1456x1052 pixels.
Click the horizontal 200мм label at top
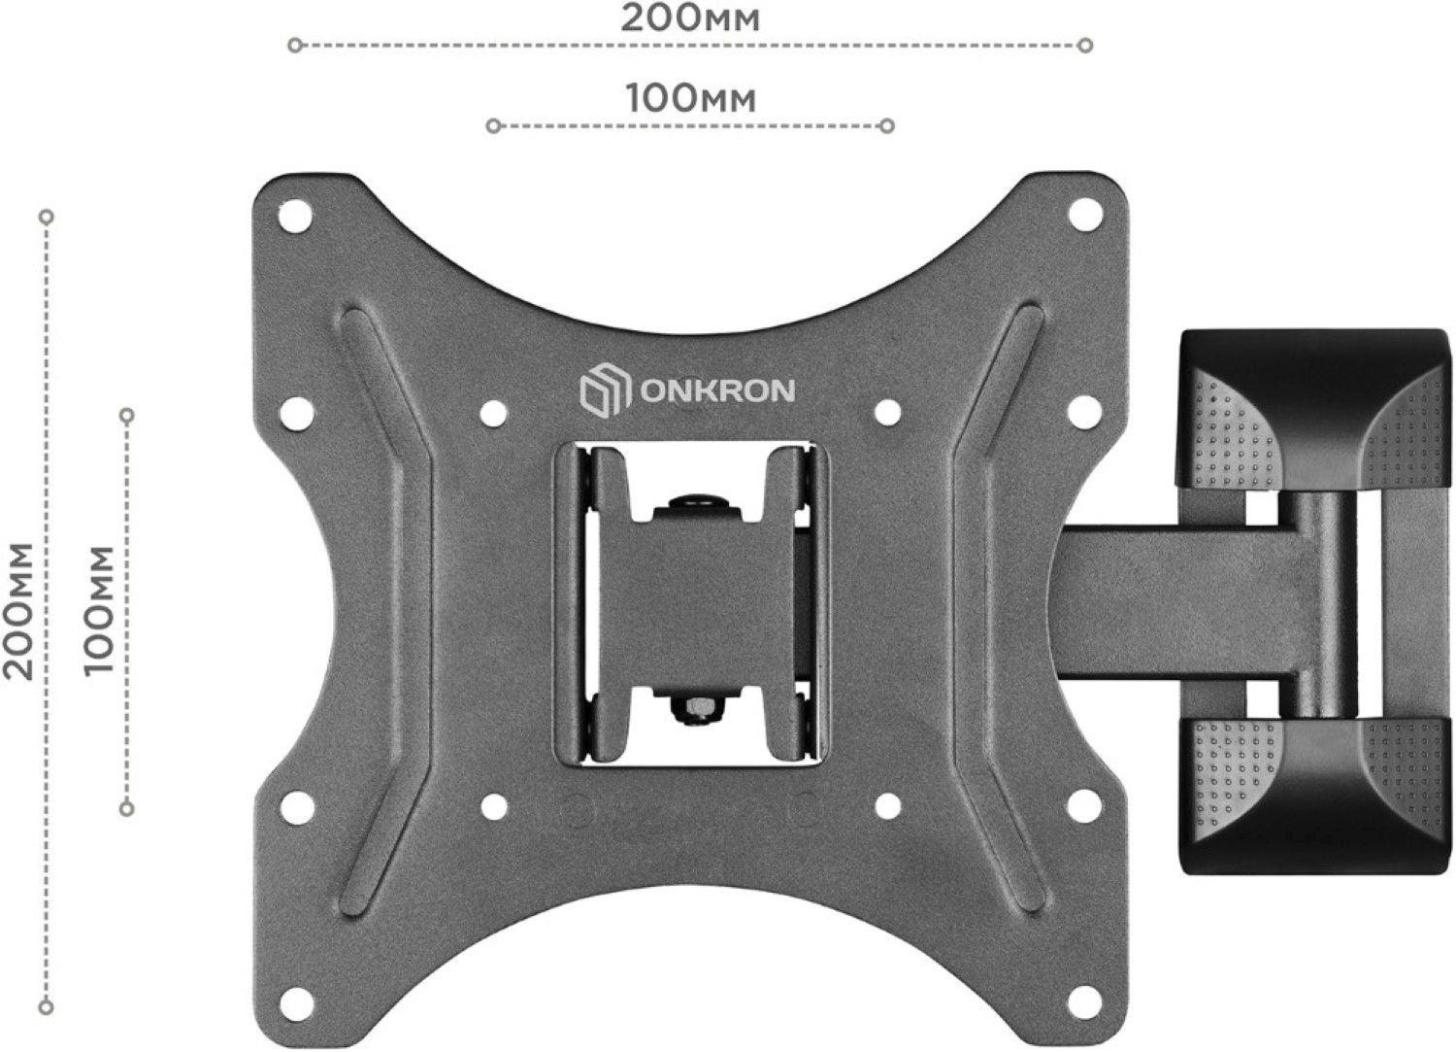690,18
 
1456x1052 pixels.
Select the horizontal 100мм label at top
690,98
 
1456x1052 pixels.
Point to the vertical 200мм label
18,610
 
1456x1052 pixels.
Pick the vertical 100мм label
98,610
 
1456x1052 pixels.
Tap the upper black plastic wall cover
1316,408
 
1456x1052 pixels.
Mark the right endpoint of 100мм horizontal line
887,125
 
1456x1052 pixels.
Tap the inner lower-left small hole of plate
493,805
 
